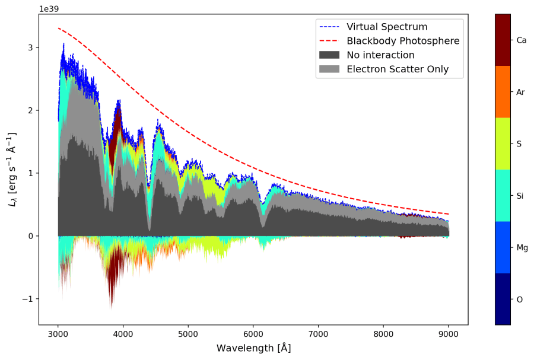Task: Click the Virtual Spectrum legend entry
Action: tap(387, 27)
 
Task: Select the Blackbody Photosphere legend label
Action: tap(403, 41)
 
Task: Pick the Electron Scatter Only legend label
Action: tap(398, 69)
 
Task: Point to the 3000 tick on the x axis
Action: tap(58, 333)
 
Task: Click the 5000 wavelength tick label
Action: tap(188, 333)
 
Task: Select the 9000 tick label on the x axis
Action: tap(449, 333)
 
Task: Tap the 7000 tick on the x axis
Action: tap(319, 333)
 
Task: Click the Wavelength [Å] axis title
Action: tap(253, 348)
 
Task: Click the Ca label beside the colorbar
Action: tap(522, 40)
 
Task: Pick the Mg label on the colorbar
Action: tap(522, 247)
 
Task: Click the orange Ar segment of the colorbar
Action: tap(503, 92)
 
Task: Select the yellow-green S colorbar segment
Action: tap(503, 144)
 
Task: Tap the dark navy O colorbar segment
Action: tap(503, 299)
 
